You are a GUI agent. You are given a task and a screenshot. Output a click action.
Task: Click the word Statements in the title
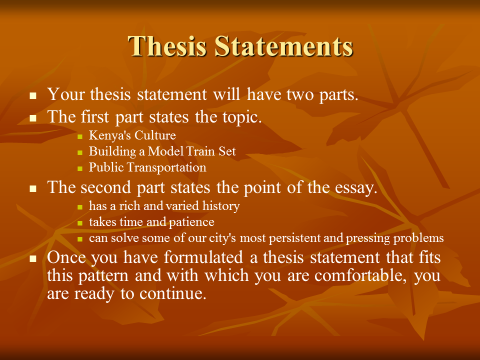tap(284, 46)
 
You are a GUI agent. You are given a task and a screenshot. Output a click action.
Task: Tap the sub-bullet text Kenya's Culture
tap(132, 135)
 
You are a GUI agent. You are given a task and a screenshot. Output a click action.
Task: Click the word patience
tap(193, 222)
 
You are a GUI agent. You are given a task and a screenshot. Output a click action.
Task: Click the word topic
tap(239, 117)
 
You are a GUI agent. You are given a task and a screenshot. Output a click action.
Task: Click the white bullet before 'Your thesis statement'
tap(33, 95)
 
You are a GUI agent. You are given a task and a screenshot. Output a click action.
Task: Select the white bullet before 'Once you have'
tap(33, 259)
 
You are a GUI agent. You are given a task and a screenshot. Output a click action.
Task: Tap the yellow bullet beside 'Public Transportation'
tap(80, 168)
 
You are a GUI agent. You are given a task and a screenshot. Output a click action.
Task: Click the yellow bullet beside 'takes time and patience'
tap(80, 223)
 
